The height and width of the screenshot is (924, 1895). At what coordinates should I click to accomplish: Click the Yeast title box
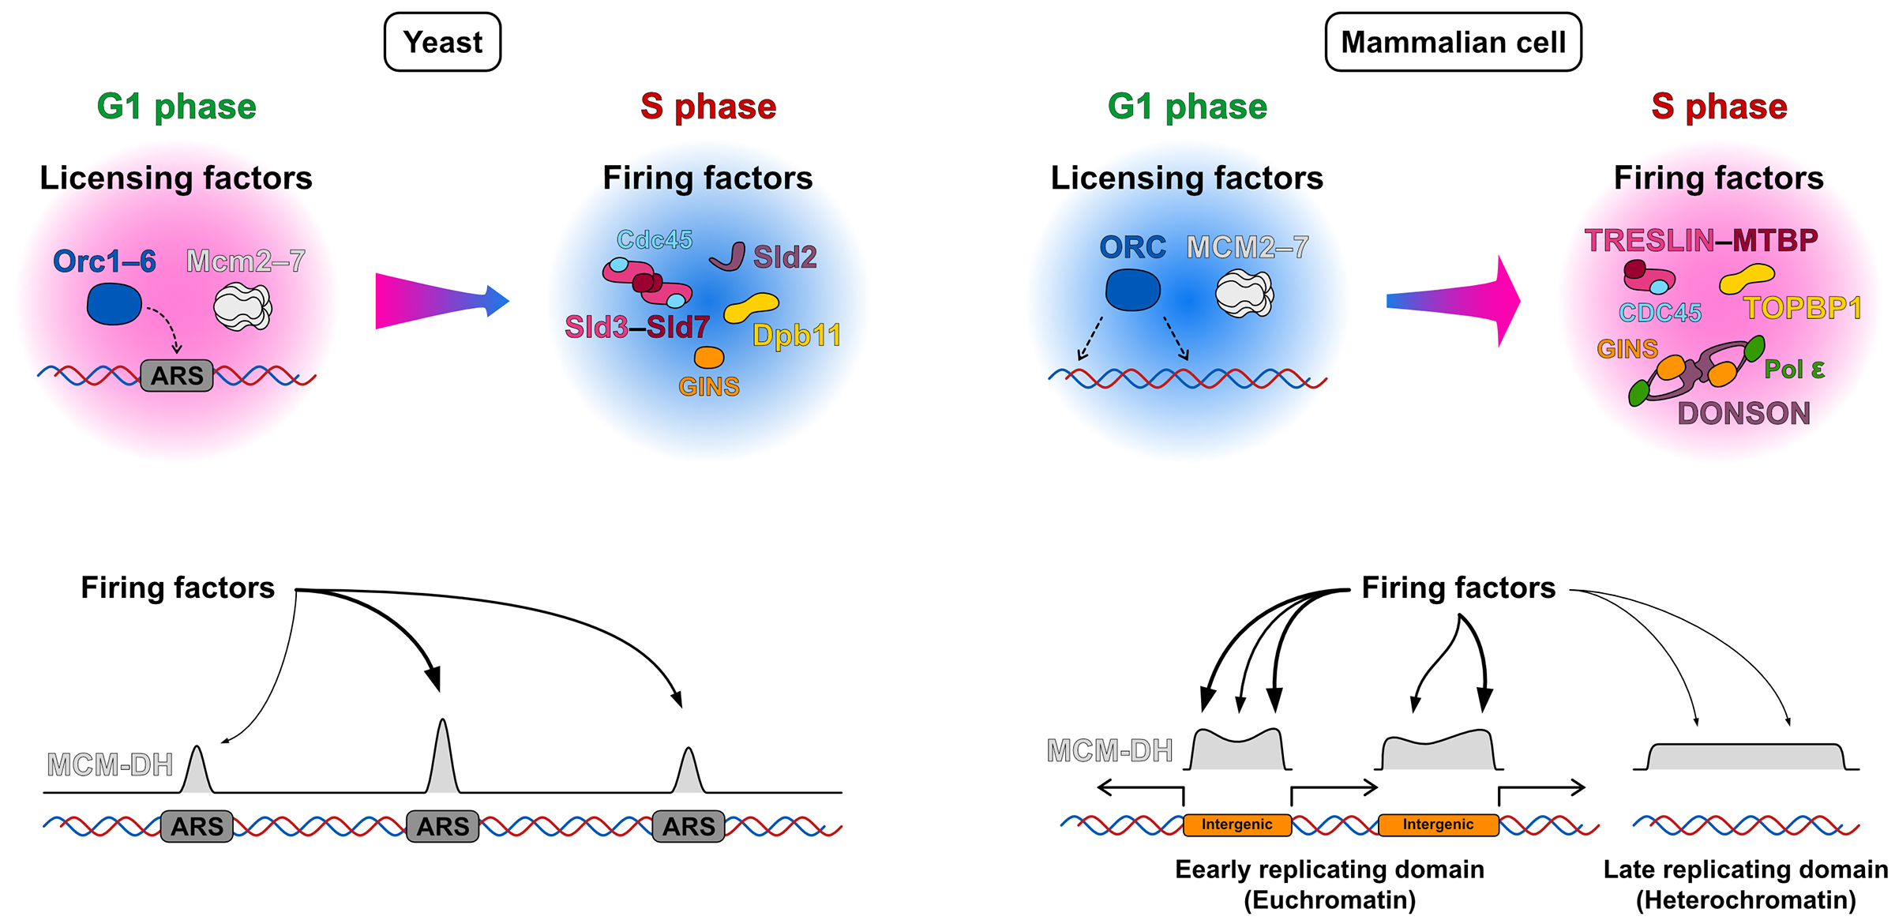click(442, 42)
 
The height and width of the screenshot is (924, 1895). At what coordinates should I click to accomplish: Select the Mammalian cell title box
click(1453, 42)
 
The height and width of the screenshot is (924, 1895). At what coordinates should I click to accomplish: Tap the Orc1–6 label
click(104, 261)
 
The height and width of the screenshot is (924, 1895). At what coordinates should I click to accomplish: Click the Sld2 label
click(785, 257)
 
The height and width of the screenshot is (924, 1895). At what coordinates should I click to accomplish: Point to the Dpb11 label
click(796, 336)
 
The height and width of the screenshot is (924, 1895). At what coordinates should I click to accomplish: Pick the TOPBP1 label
click(1802, 308)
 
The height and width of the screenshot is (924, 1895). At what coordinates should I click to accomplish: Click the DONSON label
click(1743, 413)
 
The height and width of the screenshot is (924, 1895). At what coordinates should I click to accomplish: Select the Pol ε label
click(1794, 369)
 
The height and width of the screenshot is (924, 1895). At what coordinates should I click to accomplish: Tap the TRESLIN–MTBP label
click(1701, 240)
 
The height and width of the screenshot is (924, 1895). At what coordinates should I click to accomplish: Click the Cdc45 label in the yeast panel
click(655, 239)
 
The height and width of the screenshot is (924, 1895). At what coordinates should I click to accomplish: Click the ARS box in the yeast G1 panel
click(177, 376)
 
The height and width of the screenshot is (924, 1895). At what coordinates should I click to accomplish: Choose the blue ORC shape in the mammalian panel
click(1132, 290)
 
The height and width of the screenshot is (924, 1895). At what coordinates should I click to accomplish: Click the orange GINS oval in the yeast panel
click(708, 358)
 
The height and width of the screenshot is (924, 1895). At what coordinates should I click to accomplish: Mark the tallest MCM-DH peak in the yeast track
click(443, 758)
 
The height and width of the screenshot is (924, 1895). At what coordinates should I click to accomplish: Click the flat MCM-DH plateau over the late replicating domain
click(1746, 757)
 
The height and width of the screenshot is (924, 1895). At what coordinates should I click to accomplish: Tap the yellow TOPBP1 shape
click(1747, 278)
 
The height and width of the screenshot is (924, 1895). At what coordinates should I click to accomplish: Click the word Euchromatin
click(1330, 900)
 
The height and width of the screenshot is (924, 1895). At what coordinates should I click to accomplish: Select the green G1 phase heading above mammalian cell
click(1187, 107)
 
